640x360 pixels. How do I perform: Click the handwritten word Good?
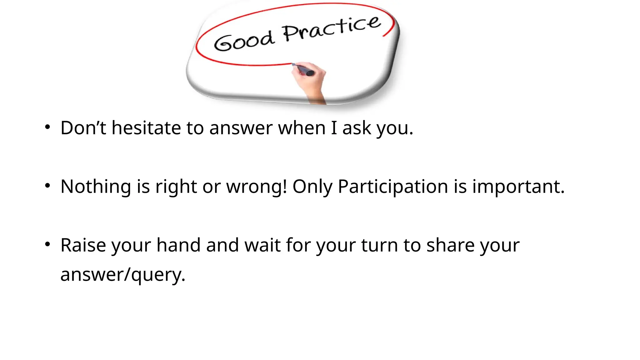pyautogui.click(x=244, y=41)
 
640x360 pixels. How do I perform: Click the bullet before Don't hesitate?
pyautogui.click(x=47, y=127)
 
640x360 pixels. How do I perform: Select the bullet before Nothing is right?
pyautogui.click(x=47, y=186)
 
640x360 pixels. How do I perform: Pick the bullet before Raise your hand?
pyautogui.click(x=47, y=244)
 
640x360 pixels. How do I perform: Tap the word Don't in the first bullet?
pyautogui.click(x=83, y=128)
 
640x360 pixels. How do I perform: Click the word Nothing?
pyautogui.click(x=96, y=187)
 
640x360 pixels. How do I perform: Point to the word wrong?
pyautogui.click(x=256, y=187)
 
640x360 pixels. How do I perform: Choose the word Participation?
pyautogui.click(x=393, y=187)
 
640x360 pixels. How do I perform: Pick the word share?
pyautogui.click(x=450, y=245)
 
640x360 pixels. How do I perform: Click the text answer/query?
pyautogui.click(x=123, y=275)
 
